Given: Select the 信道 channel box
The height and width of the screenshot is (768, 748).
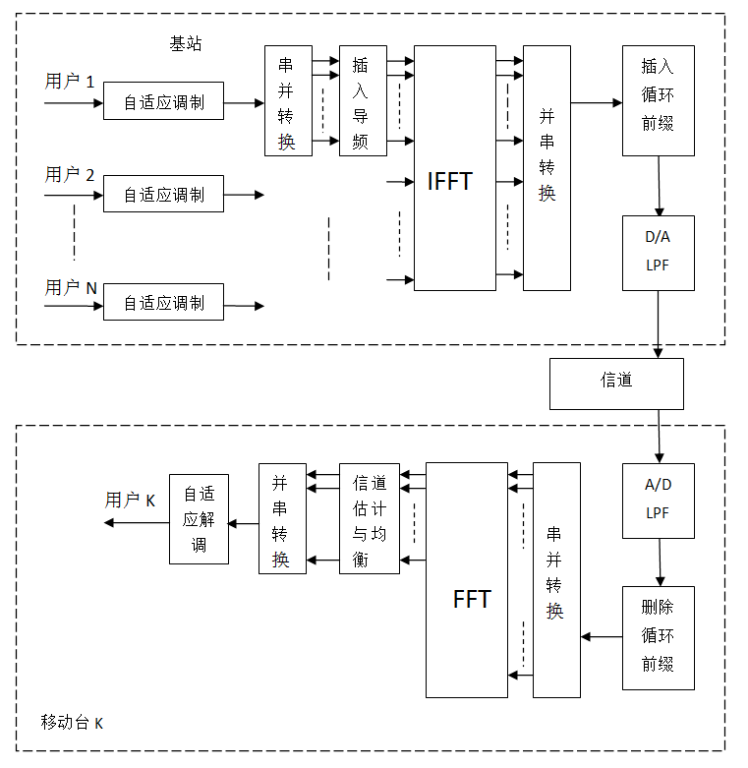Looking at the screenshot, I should [615, 383].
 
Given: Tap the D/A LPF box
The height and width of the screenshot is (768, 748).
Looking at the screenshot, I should [658, 253].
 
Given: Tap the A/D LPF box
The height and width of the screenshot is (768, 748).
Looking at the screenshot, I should [658, 499].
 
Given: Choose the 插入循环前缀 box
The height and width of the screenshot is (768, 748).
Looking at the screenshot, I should [658, 99].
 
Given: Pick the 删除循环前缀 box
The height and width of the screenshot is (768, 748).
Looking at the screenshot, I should [658, 637].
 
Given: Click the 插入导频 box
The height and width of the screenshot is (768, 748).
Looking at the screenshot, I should [363, 100].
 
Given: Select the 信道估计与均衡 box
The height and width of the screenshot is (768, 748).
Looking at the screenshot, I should [370, 518].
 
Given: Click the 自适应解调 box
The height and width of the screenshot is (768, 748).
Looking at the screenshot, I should [199, 518].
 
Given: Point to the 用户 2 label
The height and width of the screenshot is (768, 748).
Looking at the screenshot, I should [70, 175].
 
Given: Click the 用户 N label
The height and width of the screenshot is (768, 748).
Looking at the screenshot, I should [71, 288].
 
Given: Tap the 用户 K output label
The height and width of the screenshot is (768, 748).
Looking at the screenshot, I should [130, 501].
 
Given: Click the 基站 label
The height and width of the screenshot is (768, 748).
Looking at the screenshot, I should [186, 44].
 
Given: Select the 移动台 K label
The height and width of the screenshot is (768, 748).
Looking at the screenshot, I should [72, 723].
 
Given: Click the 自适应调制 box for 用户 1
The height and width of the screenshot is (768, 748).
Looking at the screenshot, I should [163, 101].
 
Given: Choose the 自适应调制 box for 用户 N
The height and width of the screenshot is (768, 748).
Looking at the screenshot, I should [163, 303].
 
